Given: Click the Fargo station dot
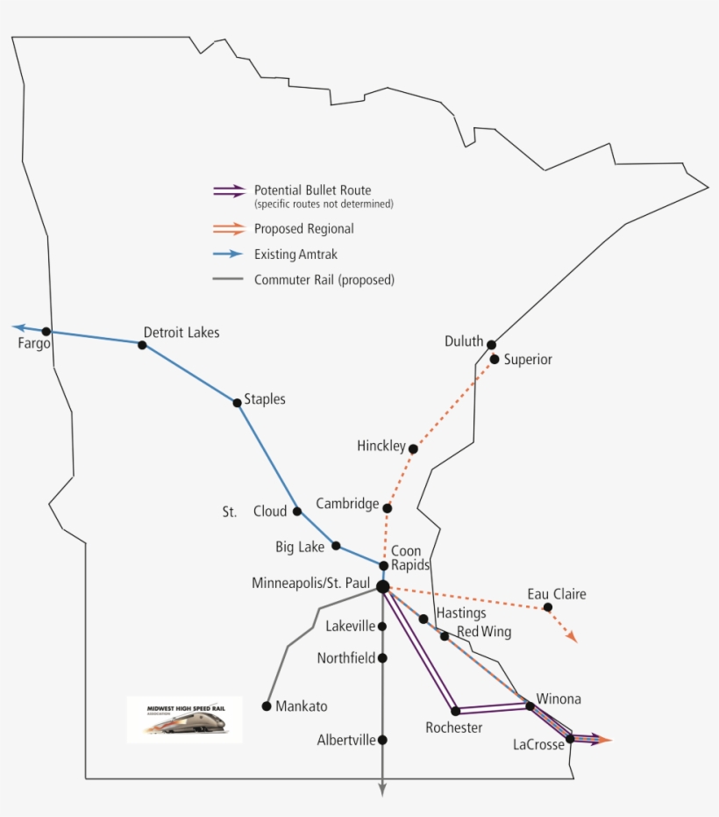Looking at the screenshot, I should click(x=46, y=331).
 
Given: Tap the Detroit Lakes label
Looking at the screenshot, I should click(x=181, y=333).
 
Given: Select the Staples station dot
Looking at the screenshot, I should click(x=237, y=403).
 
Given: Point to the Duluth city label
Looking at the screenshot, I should click(x=463, y=341).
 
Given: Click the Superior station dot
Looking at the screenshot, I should click(x=495, y=359).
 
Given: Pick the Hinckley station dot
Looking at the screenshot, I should click(x=413, y=448).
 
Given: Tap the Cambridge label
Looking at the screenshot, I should click(x=347, y=505).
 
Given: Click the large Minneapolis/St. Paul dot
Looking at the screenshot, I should click(x=383, y=586).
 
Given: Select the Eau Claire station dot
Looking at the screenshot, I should click(x=548, y=607).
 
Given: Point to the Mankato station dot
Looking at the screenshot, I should click(x=267, y=706).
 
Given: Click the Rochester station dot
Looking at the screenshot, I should click(x=456, y=711).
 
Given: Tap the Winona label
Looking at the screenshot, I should click(x=559, y=699).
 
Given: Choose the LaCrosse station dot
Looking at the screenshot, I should click(x=570, y=739).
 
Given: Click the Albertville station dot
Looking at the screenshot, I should click(x=382, y=740).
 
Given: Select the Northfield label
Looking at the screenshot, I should click(x=345, y=658).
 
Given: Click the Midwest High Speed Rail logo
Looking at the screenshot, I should click(x=184, y=720).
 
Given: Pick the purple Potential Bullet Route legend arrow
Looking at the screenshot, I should click(x=230, y=190).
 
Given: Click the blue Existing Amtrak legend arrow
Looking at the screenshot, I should click(x=230, y=254).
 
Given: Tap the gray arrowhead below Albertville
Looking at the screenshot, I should click(x=382, y=790).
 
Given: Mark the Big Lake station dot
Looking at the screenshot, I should click(x=336, y=546).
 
